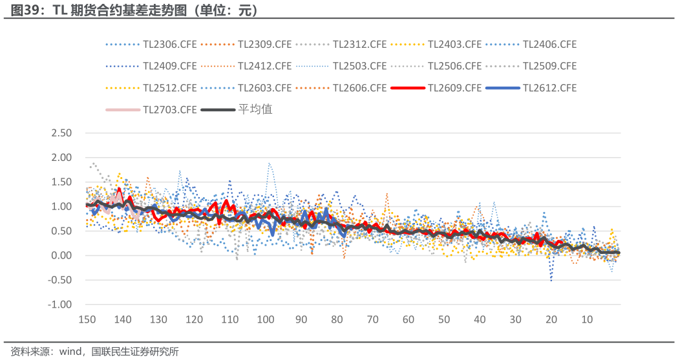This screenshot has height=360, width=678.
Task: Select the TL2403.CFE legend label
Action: [x=454, y=45]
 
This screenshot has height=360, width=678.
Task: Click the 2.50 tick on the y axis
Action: [x=61, y=133]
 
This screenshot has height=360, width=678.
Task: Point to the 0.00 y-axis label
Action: [x=61, y=255]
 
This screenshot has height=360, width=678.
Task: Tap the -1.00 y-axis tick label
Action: [x=59, y=304]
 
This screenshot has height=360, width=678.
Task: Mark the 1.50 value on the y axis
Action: [x=61, y=182]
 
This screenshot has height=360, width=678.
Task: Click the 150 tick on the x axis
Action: [x=87, y=319]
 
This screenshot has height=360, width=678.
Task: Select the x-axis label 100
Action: [x=266, y=319]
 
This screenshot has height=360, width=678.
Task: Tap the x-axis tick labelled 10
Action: [x=587, y=319]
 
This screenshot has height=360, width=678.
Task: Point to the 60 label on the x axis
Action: [x=408, y=319]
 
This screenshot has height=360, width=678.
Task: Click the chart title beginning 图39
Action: [x=134, y=10]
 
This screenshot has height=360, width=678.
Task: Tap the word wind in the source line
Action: [x=70, y=352]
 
